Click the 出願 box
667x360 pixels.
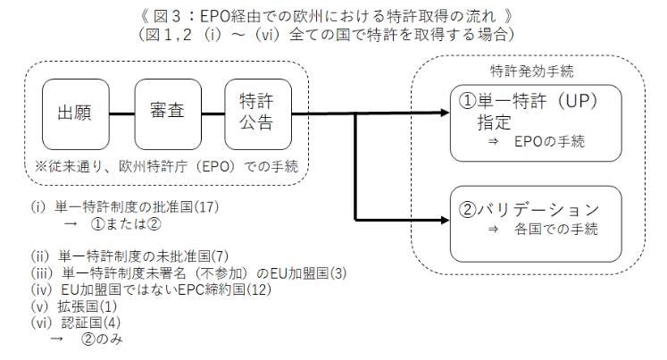tap(76, 113)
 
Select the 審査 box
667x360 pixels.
tap(168, 113)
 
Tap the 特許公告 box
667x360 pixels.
tap(256, 113)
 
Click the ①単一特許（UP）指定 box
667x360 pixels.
tap(535, 122)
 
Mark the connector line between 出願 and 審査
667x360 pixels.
tap(121, 113)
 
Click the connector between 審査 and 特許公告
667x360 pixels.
tap(213, 113)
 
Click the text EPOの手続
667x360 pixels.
tap(549, 143)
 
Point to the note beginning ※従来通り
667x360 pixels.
tap(165, 167)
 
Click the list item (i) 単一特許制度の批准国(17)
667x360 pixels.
tap(124, 206)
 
